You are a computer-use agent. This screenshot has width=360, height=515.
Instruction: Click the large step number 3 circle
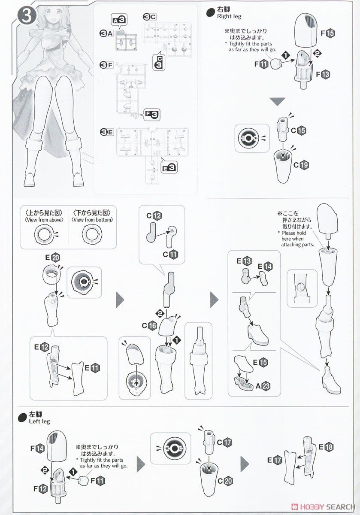point(27,16)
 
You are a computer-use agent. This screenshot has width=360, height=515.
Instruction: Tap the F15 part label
point(328,33)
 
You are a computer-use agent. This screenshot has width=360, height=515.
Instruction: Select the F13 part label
point(323,74)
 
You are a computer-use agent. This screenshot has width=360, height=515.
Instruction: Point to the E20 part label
point(53,257)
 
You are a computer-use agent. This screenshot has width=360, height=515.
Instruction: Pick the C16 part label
point(149,326)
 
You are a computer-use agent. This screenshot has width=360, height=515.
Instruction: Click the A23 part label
point(263,386)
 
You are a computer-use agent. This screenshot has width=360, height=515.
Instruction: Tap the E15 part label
point(260,362)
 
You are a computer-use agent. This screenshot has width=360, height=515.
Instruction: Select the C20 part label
point(225,481)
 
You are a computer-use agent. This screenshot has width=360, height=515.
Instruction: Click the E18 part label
point(326,447)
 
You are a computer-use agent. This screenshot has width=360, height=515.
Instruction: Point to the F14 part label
point(37,448)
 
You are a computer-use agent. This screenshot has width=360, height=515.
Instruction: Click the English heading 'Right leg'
point(229,16)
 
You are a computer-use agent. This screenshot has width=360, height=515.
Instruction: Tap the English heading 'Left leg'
point(39,421)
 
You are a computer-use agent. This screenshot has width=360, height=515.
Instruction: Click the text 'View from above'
point(44,220)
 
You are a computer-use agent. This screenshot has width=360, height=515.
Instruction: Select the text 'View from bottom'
point(92,220)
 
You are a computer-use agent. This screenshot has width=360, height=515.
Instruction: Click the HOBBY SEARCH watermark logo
point(323,507)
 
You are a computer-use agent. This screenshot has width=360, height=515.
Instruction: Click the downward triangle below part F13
point(278,101)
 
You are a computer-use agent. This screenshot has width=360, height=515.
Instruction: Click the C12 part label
point(154,215)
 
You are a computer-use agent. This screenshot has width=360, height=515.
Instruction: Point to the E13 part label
point(244,261)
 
